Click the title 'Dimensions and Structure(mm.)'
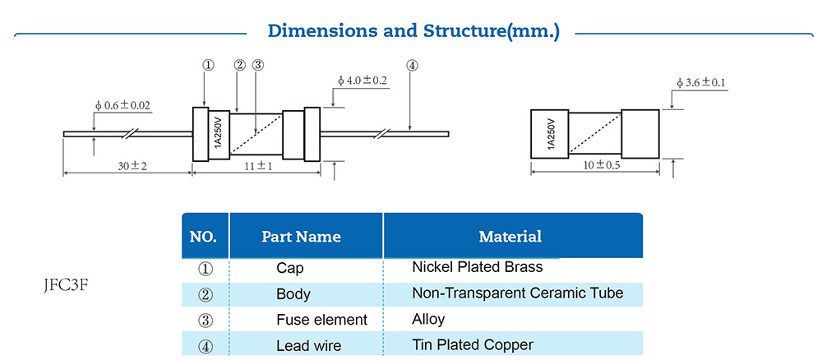(x=413, y=32)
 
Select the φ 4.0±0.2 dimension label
(x=363, y=81)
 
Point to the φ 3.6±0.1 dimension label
(x=705, y=83)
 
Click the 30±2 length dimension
(x=132, y=166)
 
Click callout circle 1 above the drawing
(x=208, y=65)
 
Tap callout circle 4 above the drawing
(x=412, y=65)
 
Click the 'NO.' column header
(x=203, y=237)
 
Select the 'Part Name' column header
(x=301, y=237)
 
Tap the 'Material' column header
(x=510, y=237)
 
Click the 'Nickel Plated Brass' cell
(x=477, y=267)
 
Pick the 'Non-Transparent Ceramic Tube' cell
(x=517, y=293)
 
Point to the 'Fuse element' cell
(x=321, y=320)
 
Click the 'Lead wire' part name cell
(x=308, y=346)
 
